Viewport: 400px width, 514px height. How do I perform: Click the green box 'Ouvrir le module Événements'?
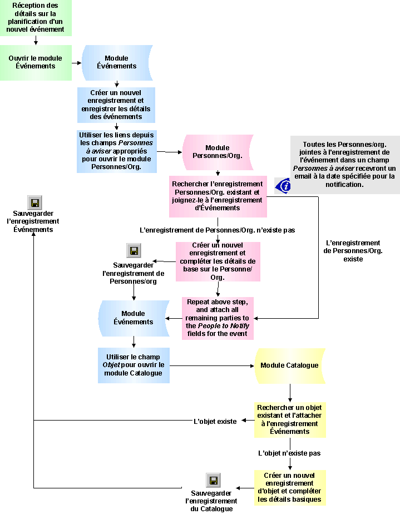[36, 62]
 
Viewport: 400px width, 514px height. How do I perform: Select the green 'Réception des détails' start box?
[36, 18]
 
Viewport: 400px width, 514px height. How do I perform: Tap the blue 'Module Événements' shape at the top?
[116, 62]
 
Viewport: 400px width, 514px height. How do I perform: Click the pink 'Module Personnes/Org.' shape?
[218, 152]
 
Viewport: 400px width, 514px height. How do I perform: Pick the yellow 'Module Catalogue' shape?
[289, 365]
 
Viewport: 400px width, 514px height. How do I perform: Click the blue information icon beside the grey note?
[283, 185]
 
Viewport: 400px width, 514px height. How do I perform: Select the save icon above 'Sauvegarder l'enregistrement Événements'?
[34, 202]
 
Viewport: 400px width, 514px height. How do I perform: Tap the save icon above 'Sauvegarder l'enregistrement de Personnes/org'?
[134, 250]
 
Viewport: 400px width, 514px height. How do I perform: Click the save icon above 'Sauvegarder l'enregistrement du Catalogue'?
[213, 480]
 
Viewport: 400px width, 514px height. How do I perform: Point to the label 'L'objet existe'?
[215, 422]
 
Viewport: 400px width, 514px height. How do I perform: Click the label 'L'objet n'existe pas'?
[289, 453]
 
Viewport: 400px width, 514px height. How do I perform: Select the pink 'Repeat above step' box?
[218, 318]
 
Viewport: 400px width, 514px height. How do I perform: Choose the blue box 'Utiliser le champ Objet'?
[134, 365]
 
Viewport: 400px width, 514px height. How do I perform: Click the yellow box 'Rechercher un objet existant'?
[289, 419]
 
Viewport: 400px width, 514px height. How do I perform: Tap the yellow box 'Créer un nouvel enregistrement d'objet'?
[289, 487]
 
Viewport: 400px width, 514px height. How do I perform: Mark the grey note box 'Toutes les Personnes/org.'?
[344, 164]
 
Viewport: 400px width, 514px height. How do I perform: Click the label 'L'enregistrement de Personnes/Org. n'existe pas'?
[217, 230]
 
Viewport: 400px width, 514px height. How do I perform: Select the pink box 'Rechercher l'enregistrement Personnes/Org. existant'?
[218, 196]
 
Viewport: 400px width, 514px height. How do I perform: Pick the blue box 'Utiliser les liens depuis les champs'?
[116, 151]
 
